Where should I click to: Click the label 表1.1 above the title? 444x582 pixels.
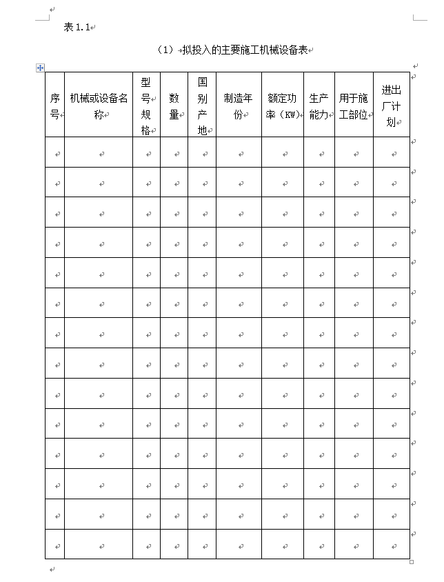77,27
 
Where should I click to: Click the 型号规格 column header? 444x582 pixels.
146,106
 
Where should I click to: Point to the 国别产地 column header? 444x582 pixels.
202,106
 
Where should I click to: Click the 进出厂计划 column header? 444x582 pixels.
392,106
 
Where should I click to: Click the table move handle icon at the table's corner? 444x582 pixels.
40,68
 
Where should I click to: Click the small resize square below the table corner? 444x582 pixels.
412,562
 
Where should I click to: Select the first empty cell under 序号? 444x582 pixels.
55,153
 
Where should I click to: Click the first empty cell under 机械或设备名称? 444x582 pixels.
99,153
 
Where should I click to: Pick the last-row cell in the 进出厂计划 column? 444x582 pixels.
392,545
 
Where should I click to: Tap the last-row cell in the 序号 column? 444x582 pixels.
55,545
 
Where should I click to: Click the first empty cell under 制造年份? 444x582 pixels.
239,153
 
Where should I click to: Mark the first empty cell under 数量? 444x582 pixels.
174,153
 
